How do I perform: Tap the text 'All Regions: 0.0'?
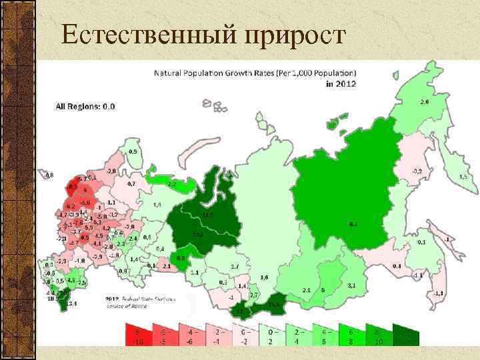(85, 106)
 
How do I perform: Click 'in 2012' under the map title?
(341, 84)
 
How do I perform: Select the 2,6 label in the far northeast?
(425, 102)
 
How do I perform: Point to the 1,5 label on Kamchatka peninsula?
(463, 177)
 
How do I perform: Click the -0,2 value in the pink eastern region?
(417, 171)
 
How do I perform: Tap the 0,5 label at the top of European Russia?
(133, 152)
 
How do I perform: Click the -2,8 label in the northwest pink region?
(111, 171)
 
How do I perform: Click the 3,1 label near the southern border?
(351, 285)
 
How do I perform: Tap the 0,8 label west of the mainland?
(49, 176)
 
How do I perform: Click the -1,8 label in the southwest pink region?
(79, 261)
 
